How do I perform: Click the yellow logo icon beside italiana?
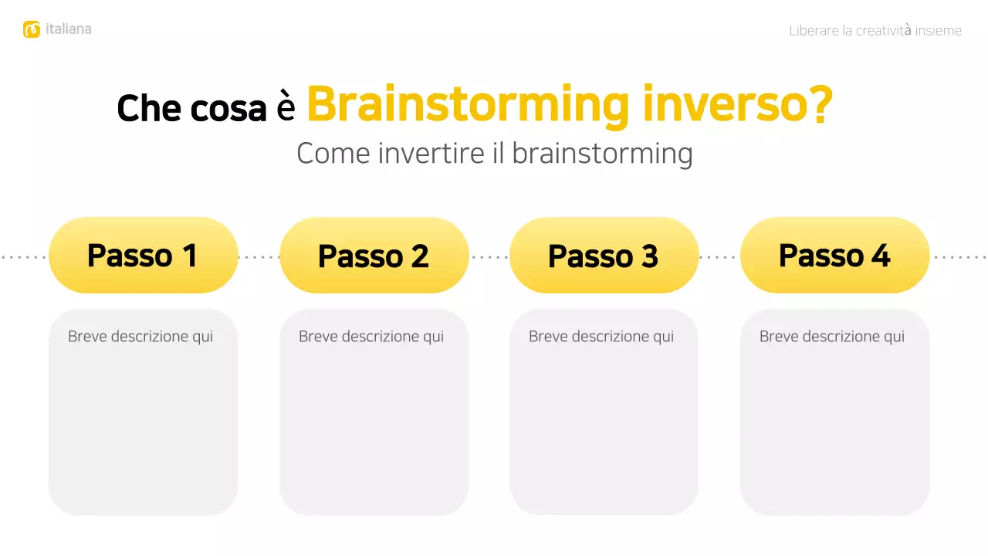[32, 29]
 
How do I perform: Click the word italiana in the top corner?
[69, 29]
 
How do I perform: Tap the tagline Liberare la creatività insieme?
[875, 31]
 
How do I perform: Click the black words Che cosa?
[191, 108]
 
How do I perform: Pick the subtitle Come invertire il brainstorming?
[494, 153]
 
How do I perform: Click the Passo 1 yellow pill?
[143, 256]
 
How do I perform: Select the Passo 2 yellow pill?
[374, 256]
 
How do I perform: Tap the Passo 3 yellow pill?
[604, 256]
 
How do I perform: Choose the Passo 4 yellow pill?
[834, 256]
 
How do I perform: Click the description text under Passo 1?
[140, 337]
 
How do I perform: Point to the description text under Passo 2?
[371, 337]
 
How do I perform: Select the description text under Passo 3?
[601, 337]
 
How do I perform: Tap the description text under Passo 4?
[832, 337]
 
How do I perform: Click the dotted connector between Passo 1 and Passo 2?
[259, 257]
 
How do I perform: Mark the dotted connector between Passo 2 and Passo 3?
[489, 257]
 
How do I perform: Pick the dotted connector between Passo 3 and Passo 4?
[719, 257]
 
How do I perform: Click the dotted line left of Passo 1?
[23, 257]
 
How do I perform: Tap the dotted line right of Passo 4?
[959, 257]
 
